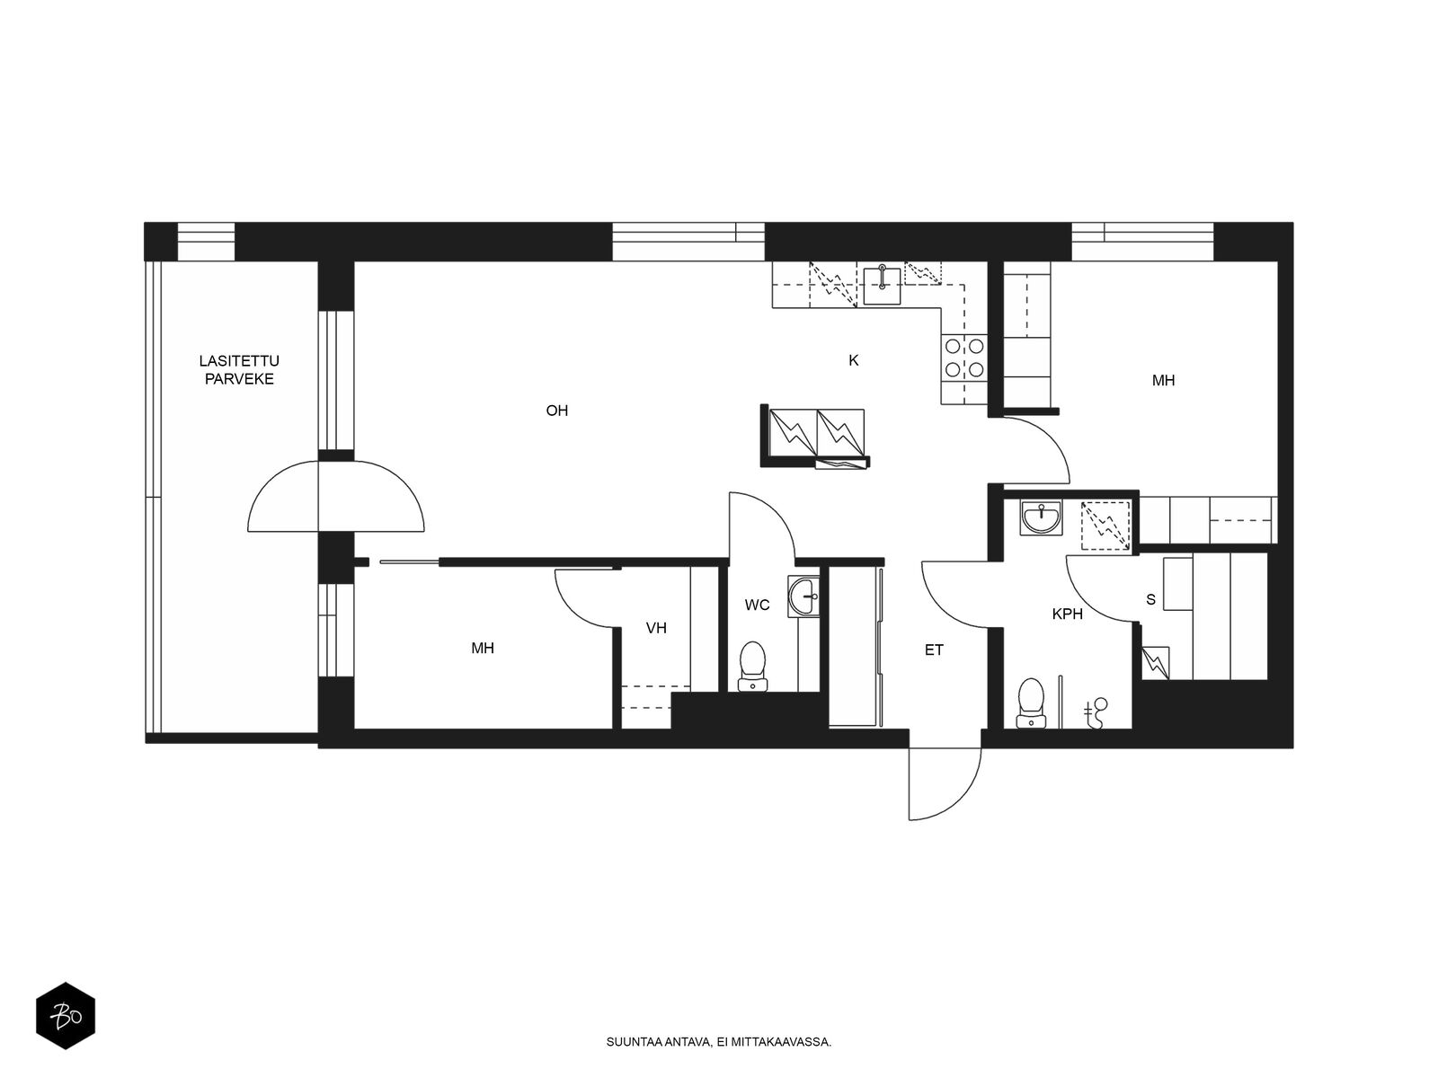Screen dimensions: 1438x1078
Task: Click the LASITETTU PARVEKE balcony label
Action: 239,370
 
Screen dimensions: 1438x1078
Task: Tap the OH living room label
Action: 557,411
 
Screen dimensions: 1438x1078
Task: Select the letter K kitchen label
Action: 853,360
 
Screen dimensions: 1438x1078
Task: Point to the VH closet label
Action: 656,628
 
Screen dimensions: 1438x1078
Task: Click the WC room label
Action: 757,605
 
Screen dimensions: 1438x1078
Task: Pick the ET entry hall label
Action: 934,649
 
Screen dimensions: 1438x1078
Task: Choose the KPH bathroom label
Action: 1067,614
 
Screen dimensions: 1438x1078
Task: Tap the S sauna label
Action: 1150,599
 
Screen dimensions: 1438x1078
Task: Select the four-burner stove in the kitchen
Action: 964,358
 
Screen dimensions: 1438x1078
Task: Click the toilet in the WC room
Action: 753,666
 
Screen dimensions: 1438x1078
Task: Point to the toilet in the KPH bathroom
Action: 1031,702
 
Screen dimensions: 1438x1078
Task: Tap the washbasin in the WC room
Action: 803,596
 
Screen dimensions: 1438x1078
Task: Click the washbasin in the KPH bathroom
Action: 1041,517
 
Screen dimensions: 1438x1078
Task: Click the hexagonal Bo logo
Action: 66,1016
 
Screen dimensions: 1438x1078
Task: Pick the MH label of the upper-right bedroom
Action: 1164,380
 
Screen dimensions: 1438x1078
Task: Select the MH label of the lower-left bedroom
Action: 482,648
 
